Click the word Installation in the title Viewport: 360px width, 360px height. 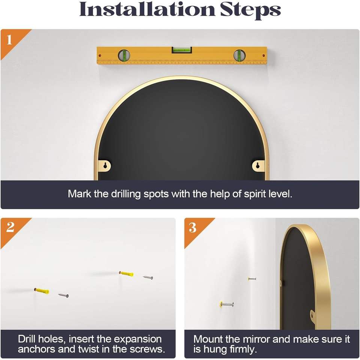147,9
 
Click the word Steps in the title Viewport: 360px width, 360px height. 250,10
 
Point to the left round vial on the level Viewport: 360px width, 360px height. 124,55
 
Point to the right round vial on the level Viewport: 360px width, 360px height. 240,55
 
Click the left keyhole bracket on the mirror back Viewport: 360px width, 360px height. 105,166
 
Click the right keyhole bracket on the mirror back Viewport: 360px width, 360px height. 258,165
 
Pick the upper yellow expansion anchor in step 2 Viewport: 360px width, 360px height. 126,273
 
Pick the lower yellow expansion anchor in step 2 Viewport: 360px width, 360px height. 42,291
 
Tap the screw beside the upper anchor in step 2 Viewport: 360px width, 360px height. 148,277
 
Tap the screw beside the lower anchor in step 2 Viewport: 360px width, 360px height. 63,295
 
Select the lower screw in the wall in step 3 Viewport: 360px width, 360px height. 226,304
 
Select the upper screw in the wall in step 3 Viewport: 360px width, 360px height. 252,279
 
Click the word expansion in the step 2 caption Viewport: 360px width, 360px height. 138,339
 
